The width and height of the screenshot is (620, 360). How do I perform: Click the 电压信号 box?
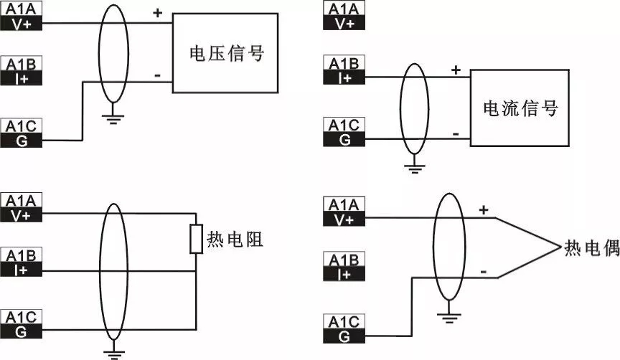(x=225, y=52)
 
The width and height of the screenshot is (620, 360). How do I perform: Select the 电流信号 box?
(x=520, y=108)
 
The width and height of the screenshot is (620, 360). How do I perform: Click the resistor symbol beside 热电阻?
(x=195, y=239)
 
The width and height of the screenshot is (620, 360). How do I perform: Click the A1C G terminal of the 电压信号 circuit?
(x=24, y=133)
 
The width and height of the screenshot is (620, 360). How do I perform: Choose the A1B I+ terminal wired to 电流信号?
(x=345, y=70)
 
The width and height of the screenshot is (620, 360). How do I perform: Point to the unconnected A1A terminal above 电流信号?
(x=345, y=16)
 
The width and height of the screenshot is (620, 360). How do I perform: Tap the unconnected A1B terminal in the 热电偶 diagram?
(x=345, y=267)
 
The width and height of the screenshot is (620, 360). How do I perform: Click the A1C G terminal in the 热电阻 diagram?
(x=24, y=324)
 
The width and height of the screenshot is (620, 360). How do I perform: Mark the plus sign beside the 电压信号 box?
(x=157, y=12)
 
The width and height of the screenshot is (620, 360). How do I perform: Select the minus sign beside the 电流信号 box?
(x=456, y=134)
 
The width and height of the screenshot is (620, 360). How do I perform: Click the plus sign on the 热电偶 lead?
(x=483, y=210)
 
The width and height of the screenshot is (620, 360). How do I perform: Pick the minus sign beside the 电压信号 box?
(x=157, y=74)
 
